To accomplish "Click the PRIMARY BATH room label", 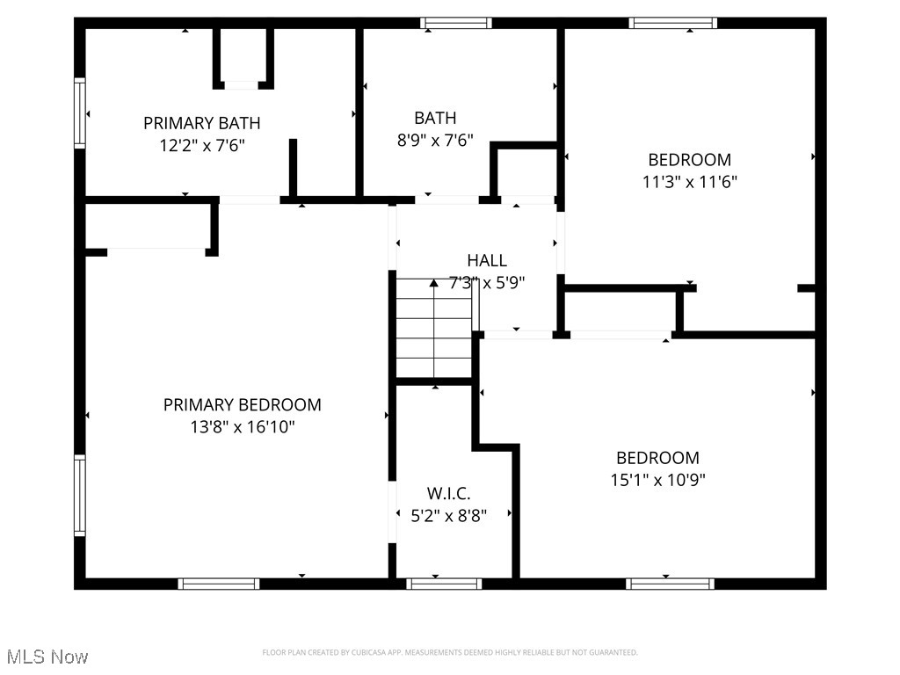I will pos(201,123).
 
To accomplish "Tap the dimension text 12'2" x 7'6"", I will pos(201,146).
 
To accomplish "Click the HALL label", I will pos(486,260).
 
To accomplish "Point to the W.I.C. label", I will pos(449,494).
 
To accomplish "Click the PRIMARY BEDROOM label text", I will pos(242,405).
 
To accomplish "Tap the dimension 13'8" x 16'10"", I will pos(242,427).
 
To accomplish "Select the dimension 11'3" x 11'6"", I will pos(689,182).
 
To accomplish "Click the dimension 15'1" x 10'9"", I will pos(657,480).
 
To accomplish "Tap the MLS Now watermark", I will pos(47,657).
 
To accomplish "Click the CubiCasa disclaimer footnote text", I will pos(449,652).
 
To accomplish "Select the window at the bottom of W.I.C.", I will pos(444,584).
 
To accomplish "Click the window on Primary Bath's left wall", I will pos(80,112).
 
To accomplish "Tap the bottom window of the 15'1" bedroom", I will pos(670,584).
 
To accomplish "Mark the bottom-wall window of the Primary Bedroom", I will pos(219,584).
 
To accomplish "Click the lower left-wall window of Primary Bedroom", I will pos(80,495).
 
